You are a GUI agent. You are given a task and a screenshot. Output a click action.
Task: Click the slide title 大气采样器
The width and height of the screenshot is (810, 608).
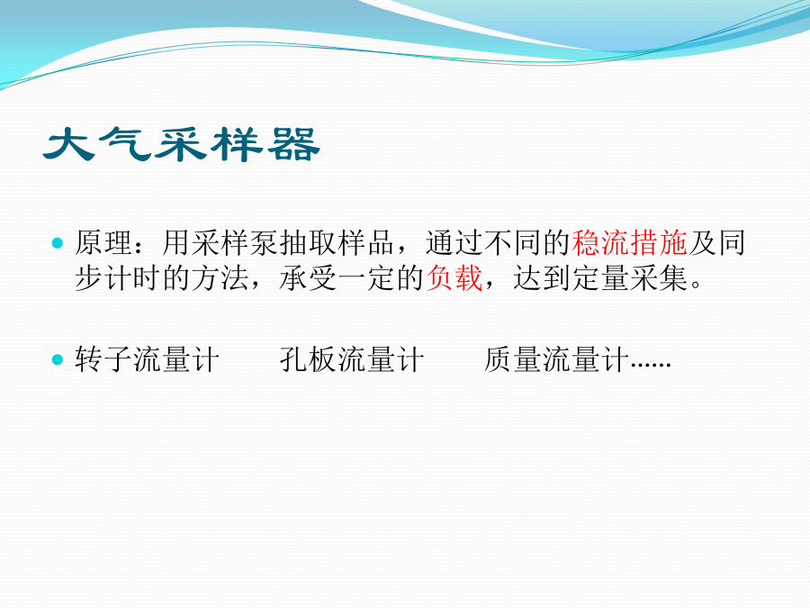coord(181,144)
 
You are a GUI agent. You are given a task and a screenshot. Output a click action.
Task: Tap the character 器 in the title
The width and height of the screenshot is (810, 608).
coord(293,144)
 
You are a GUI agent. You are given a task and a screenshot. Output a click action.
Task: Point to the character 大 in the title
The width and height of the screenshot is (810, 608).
coord(69,144)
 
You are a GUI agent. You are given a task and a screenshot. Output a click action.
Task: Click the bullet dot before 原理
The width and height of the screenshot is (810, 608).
coord(58,242)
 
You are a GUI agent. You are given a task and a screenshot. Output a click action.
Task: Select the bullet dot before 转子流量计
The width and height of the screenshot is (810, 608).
coord(58,359)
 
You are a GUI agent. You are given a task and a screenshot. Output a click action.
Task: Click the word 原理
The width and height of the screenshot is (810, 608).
coord(103,242)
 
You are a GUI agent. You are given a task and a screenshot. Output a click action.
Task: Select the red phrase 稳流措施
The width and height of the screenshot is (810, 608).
coord(630,242)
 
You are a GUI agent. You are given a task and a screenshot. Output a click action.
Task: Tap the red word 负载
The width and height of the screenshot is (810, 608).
coord(454,278)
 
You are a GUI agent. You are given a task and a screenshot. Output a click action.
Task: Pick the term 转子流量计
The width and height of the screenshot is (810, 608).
coord(148,359)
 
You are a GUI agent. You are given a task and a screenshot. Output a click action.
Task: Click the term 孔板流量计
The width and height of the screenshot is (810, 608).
coord(352,359)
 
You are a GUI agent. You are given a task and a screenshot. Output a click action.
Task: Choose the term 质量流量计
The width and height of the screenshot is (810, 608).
coord(556,359)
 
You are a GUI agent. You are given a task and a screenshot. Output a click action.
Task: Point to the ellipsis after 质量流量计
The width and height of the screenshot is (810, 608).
coord(651,366)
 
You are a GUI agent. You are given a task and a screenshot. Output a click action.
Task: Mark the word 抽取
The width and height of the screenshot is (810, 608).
coord(309,242)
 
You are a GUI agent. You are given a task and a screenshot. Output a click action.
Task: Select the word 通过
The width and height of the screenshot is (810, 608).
coord(454,242)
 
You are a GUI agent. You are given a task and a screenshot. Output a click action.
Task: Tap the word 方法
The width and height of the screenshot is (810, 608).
coord(220,278)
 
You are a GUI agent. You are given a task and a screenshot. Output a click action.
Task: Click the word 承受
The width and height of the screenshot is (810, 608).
coord(309,278)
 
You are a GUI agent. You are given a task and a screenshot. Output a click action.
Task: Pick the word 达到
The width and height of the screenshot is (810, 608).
coord(542,278)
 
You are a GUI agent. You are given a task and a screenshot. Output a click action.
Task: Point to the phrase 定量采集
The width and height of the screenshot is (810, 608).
coord(630,278)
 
